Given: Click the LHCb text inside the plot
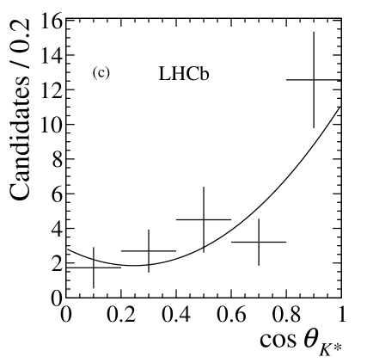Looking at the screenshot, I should tap(184, 75).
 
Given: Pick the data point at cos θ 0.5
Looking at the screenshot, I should tap(204, 219).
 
